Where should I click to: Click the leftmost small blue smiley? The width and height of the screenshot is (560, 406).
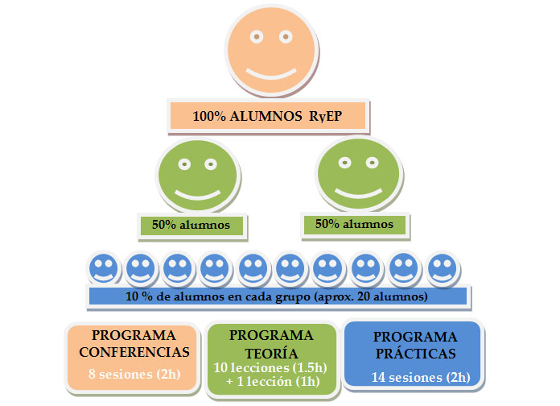tap(103, 268)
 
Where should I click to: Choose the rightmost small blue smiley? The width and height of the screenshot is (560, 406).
tap(442, 268)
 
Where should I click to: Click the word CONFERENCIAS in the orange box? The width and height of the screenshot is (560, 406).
tap(141, 351)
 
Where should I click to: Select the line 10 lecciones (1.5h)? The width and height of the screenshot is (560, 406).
tap(271, 367)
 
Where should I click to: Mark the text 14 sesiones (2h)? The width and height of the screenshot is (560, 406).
tap(420, 377)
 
